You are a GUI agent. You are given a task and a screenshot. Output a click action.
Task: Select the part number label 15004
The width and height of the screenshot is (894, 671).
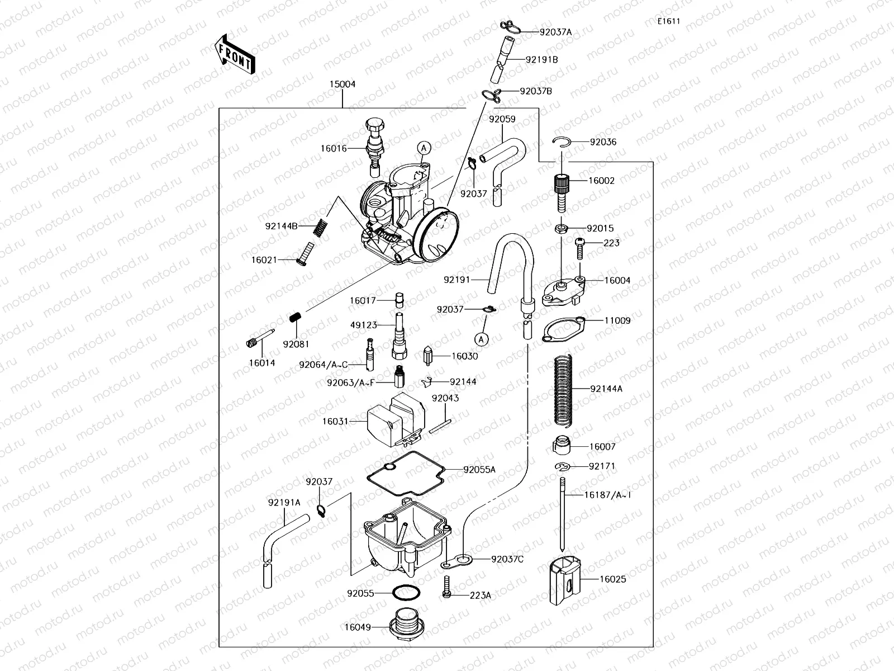[x=342, y=84]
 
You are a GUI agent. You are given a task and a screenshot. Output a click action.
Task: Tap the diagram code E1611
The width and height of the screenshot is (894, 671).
[x=668, y=22]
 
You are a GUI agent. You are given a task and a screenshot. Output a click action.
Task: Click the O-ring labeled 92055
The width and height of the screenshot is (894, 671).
[x=405, y=593]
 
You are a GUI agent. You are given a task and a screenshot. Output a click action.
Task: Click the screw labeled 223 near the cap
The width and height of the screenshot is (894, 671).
[x=579, y=247]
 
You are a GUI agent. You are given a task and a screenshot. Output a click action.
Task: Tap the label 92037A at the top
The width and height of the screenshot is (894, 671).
[x=555, y=32]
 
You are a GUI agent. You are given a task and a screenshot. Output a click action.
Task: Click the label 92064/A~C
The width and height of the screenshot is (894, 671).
[x=323, y=365]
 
